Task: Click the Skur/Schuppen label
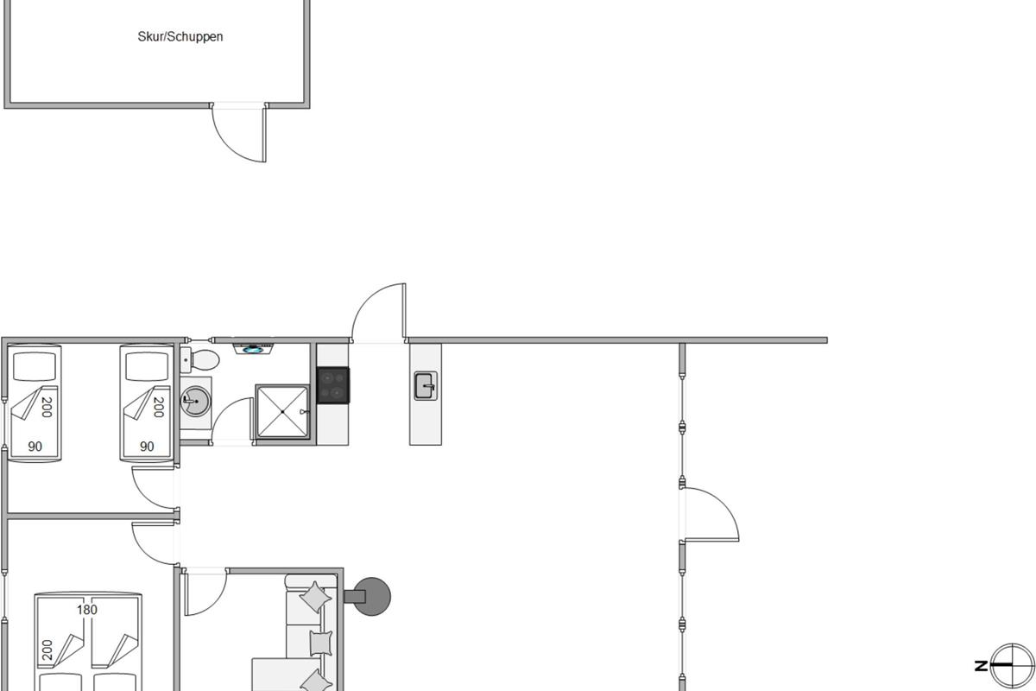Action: [x=180, y=36]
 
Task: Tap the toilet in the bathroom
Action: [x=199, y=360]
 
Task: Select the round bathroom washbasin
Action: [x=196, y=402]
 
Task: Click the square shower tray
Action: [x=282, y=411]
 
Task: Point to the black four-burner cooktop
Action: [x=333, y=385]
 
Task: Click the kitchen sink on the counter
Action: [x=426, y=386]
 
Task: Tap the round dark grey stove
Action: [x=371, y=597]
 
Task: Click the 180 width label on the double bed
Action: [x=87, y=610]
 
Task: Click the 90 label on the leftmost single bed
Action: [x=35, y=447]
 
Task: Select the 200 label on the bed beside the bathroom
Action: [x=159, y=408]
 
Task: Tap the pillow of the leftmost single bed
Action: [x=35, y=366]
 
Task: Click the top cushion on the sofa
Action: [x=315, y=598]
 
